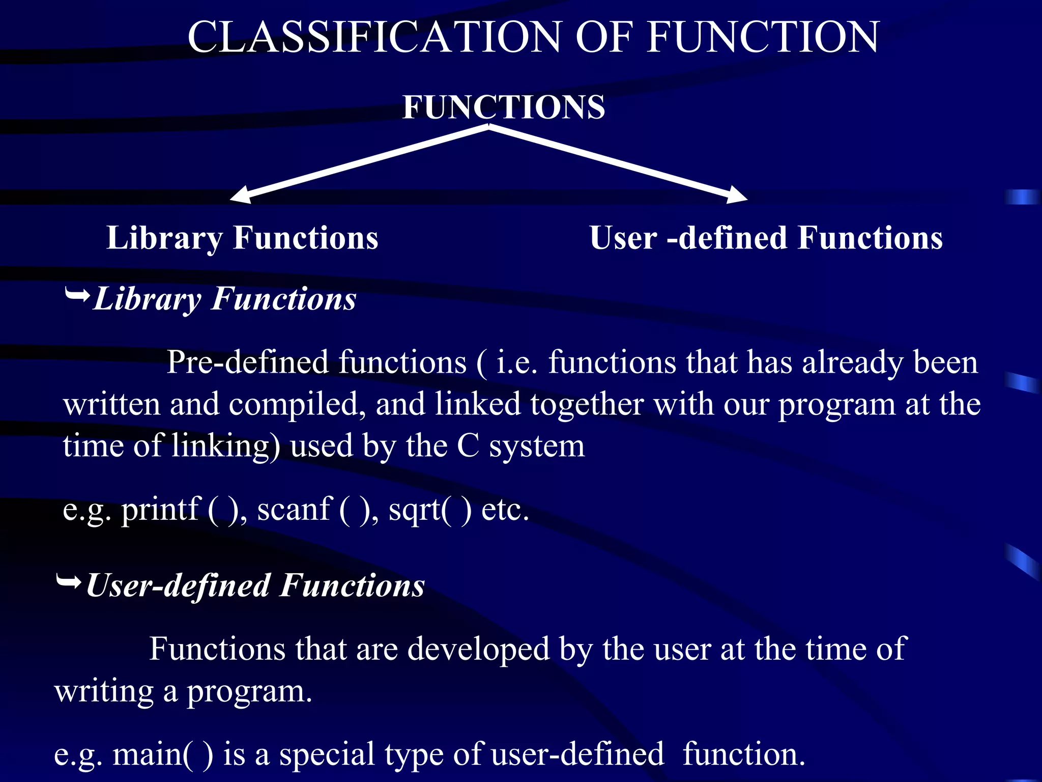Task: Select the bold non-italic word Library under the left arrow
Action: (164, 238)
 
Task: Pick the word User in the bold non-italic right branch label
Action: (623, 238)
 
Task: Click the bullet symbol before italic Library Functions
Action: (77, 294)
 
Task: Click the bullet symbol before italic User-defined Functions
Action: (69, 581)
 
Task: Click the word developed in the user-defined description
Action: (478, 649)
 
